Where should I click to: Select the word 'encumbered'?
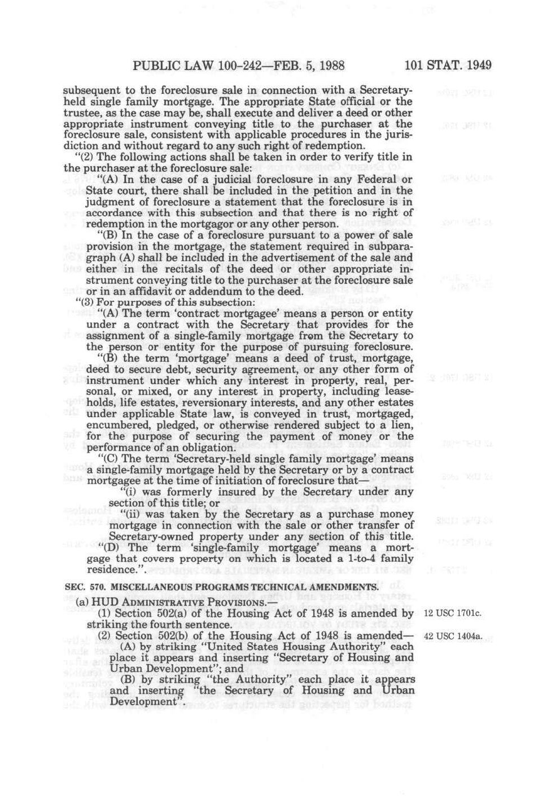pyautogui.click(x=113, y=425)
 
